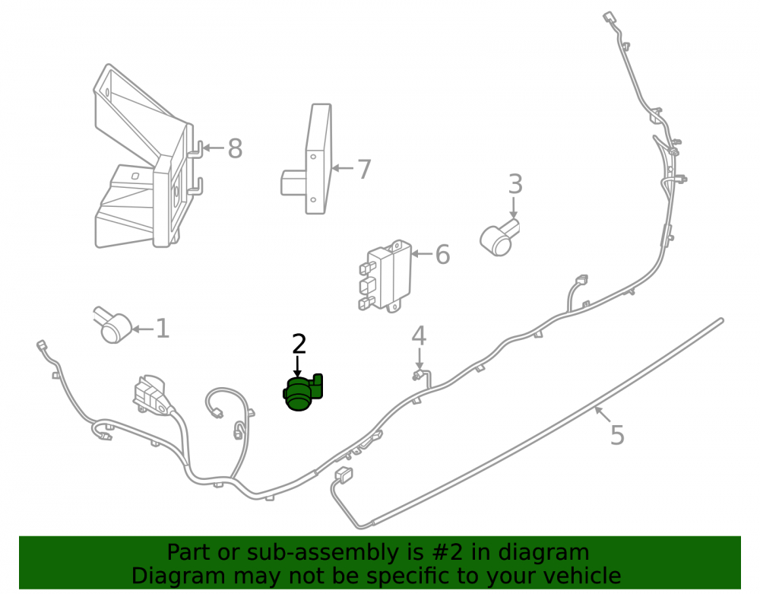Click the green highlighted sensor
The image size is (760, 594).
[x=302, y=392]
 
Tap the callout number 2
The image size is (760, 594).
[x=299, y=344]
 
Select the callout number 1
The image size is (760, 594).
[x=163, y=329]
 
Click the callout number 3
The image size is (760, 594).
[x=515, y=184]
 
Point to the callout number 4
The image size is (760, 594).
[x=419, y=335]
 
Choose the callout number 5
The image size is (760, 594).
[x=617, y=434]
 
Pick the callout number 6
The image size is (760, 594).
[x=442, y=254]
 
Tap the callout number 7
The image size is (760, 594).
[x=364, y=169]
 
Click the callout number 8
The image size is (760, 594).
[x=235, y=148]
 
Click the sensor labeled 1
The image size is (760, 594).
[x=112, y=324]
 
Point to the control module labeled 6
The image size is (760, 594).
[x=385, y=275]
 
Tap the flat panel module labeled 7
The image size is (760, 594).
[x=307, y=159]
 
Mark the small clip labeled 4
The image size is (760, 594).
[x=422, y=376]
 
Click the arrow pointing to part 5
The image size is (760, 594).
[x=603, y=415]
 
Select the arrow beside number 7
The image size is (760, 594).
[x=344, y=168]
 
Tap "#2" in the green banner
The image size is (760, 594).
[x=447, y=552]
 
